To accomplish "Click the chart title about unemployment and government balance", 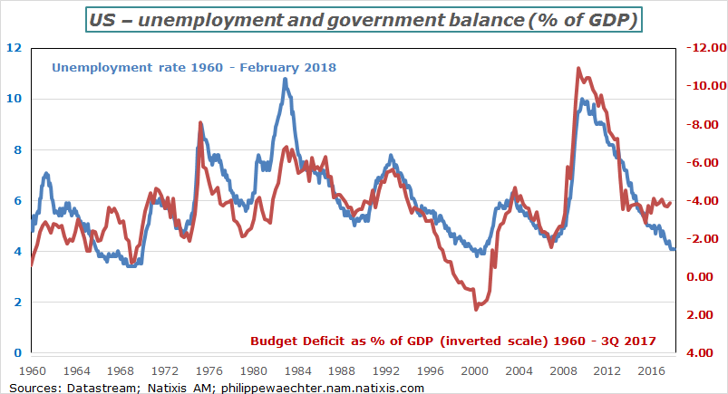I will coord(364,19).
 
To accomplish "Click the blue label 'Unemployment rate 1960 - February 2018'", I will coord(194,67).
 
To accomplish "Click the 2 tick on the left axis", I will coord(18,303).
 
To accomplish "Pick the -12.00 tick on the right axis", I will coord(705,48).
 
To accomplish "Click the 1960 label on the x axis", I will coord(32,370).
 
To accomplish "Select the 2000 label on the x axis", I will coord(474,370).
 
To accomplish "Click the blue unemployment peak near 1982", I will coord(285,79).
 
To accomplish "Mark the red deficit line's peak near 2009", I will coord(578,68).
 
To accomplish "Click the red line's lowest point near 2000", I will coord(476,310).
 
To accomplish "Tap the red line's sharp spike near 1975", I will coord(199,122).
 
